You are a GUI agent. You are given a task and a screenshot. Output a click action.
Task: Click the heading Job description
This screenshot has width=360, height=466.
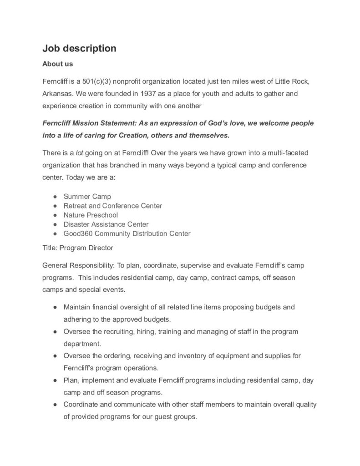click(79, 48)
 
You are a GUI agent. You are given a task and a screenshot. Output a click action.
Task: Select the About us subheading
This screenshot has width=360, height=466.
click(57, 64)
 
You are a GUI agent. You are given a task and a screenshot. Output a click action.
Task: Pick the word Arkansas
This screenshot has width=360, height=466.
click(57, 94)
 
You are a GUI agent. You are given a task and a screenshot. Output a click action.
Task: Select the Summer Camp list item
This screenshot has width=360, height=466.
click(87, 197)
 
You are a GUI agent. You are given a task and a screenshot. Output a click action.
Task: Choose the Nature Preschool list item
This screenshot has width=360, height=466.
click(91, 215)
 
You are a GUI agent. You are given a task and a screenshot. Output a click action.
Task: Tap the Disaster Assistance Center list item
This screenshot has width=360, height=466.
click(106, 224)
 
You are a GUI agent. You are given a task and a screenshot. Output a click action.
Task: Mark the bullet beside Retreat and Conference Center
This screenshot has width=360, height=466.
click(55, 206)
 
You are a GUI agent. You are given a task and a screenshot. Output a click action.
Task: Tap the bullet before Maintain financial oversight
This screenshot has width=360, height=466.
click(55, 307)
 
